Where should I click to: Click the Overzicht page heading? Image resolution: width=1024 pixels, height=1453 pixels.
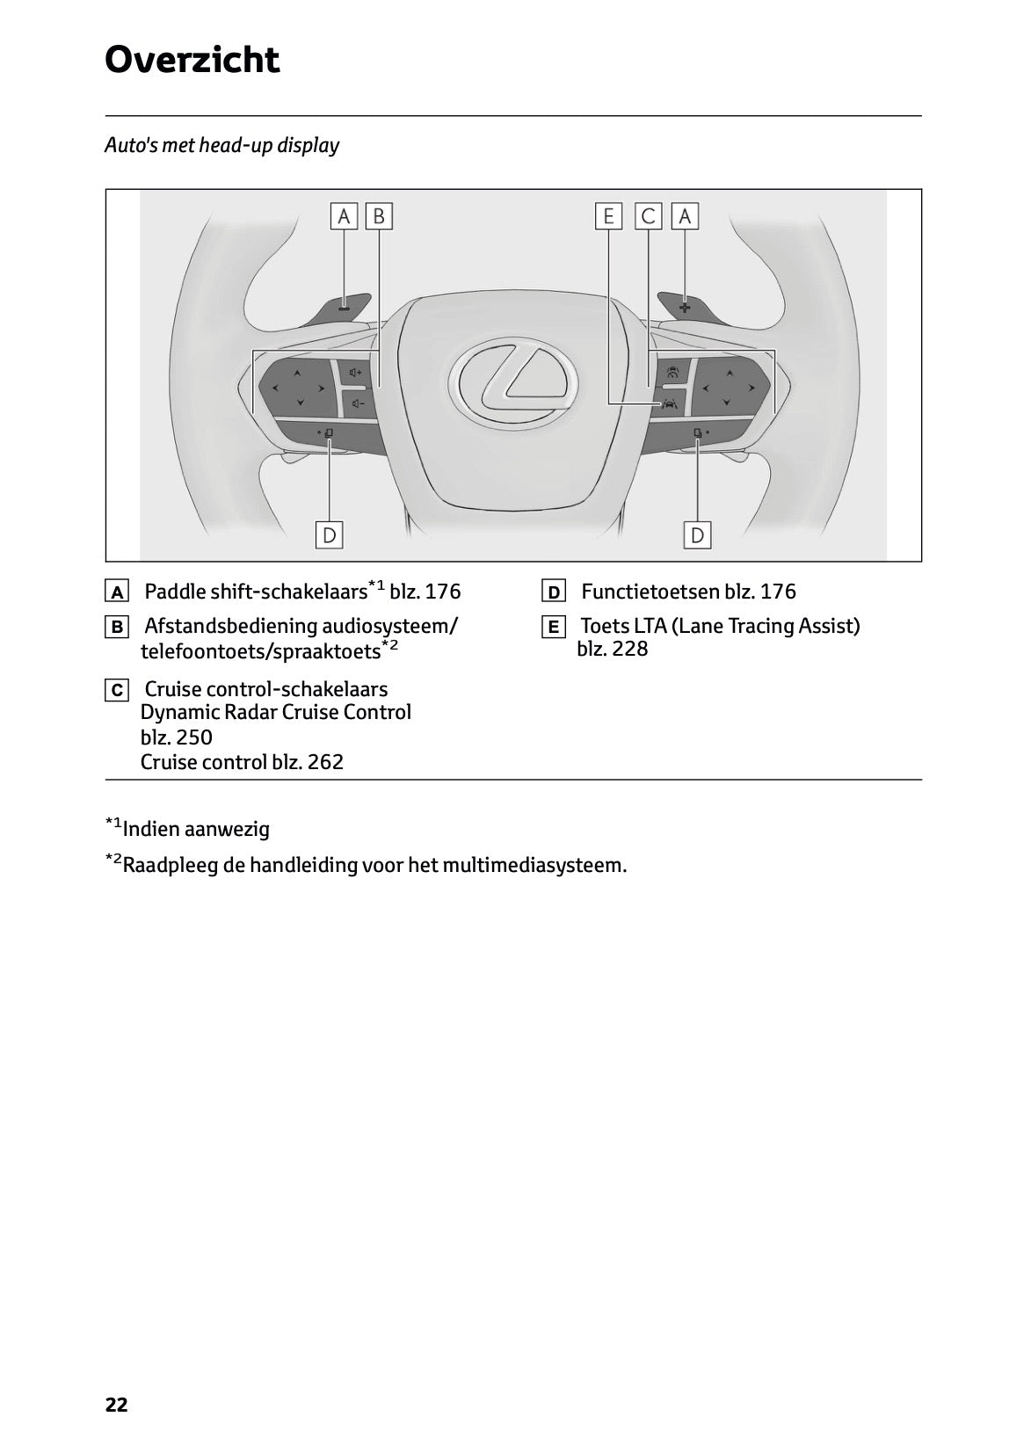(192, 60)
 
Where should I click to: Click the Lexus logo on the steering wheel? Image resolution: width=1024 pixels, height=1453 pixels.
(512, 384)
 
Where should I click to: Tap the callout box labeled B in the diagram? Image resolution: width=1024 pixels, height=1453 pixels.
(379, 216)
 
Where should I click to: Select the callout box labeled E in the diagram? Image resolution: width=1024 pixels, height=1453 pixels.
(608, 216)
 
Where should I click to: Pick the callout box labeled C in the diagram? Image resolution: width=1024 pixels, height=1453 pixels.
(649, 216)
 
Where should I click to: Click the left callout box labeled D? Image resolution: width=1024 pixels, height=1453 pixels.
(329, 534)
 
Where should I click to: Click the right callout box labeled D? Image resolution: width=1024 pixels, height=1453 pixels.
(697, 534)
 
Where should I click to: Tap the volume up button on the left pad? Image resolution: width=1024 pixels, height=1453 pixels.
(356, 373)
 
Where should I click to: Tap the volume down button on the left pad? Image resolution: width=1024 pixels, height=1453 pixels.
(356, 404)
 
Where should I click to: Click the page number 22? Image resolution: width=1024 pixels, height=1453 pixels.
(116, 1405)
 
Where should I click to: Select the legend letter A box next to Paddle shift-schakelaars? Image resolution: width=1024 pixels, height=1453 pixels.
(116, 592)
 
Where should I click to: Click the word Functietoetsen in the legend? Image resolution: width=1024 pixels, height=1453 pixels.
(650, 592)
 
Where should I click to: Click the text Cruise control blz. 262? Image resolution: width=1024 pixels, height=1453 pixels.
(242, 762)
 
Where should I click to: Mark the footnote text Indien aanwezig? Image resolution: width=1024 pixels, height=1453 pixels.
(196, 829)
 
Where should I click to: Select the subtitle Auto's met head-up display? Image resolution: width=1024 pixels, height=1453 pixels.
(222, 145)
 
